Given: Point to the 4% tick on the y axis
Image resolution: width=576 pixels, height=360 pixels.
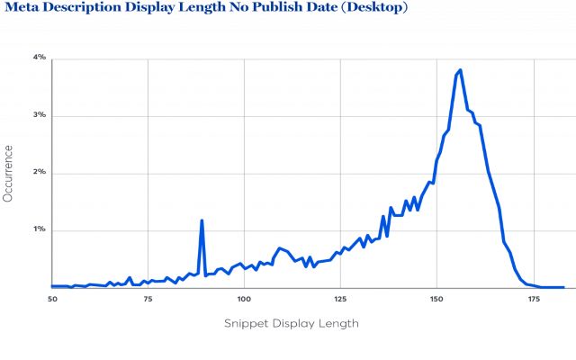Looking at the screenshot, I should [x=40, y=58].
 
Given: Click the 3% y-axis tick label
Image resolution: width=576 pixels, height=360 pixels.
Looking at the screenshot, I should [x=40, y=115].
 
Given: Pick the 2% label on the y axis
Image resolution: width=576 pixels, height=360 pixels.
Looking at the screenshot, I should [x=40, y=173].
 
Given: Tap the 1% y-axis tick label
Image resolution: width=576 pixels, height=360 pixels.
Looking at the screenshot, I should [x=40, y=229].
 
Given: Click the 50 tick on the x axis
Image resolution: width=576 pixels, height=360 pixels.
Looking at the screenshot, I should [x=51, y=297].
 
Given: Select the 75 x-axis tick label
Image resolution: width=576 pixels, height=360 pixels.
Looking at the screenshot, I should [x=147, y=297].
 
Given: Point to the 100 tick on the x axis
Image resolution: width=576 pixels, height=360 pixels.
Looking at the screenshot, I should [x=243, y=297].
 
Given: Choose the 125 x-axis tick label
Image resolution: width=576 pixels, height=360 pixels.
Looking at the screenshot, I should [x=339, y=297].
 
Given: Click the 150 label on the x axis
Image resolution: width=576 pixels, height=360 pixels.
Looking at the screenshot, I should [x=436, y=297].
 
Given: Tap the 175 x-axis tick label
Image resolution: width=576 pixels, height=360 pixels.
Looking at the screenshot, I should [x=533, y=297].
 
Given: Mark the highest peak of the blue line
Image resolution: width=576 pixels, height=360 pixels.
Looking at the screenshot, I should [x=460, y=70].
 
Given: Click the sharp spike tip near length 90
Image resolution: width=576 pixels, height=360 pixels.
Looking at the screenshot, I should [x=202, y=220].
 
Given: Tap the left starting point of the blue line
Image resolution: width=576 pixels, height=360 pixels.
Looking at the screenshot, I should [x=51, y=286].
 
